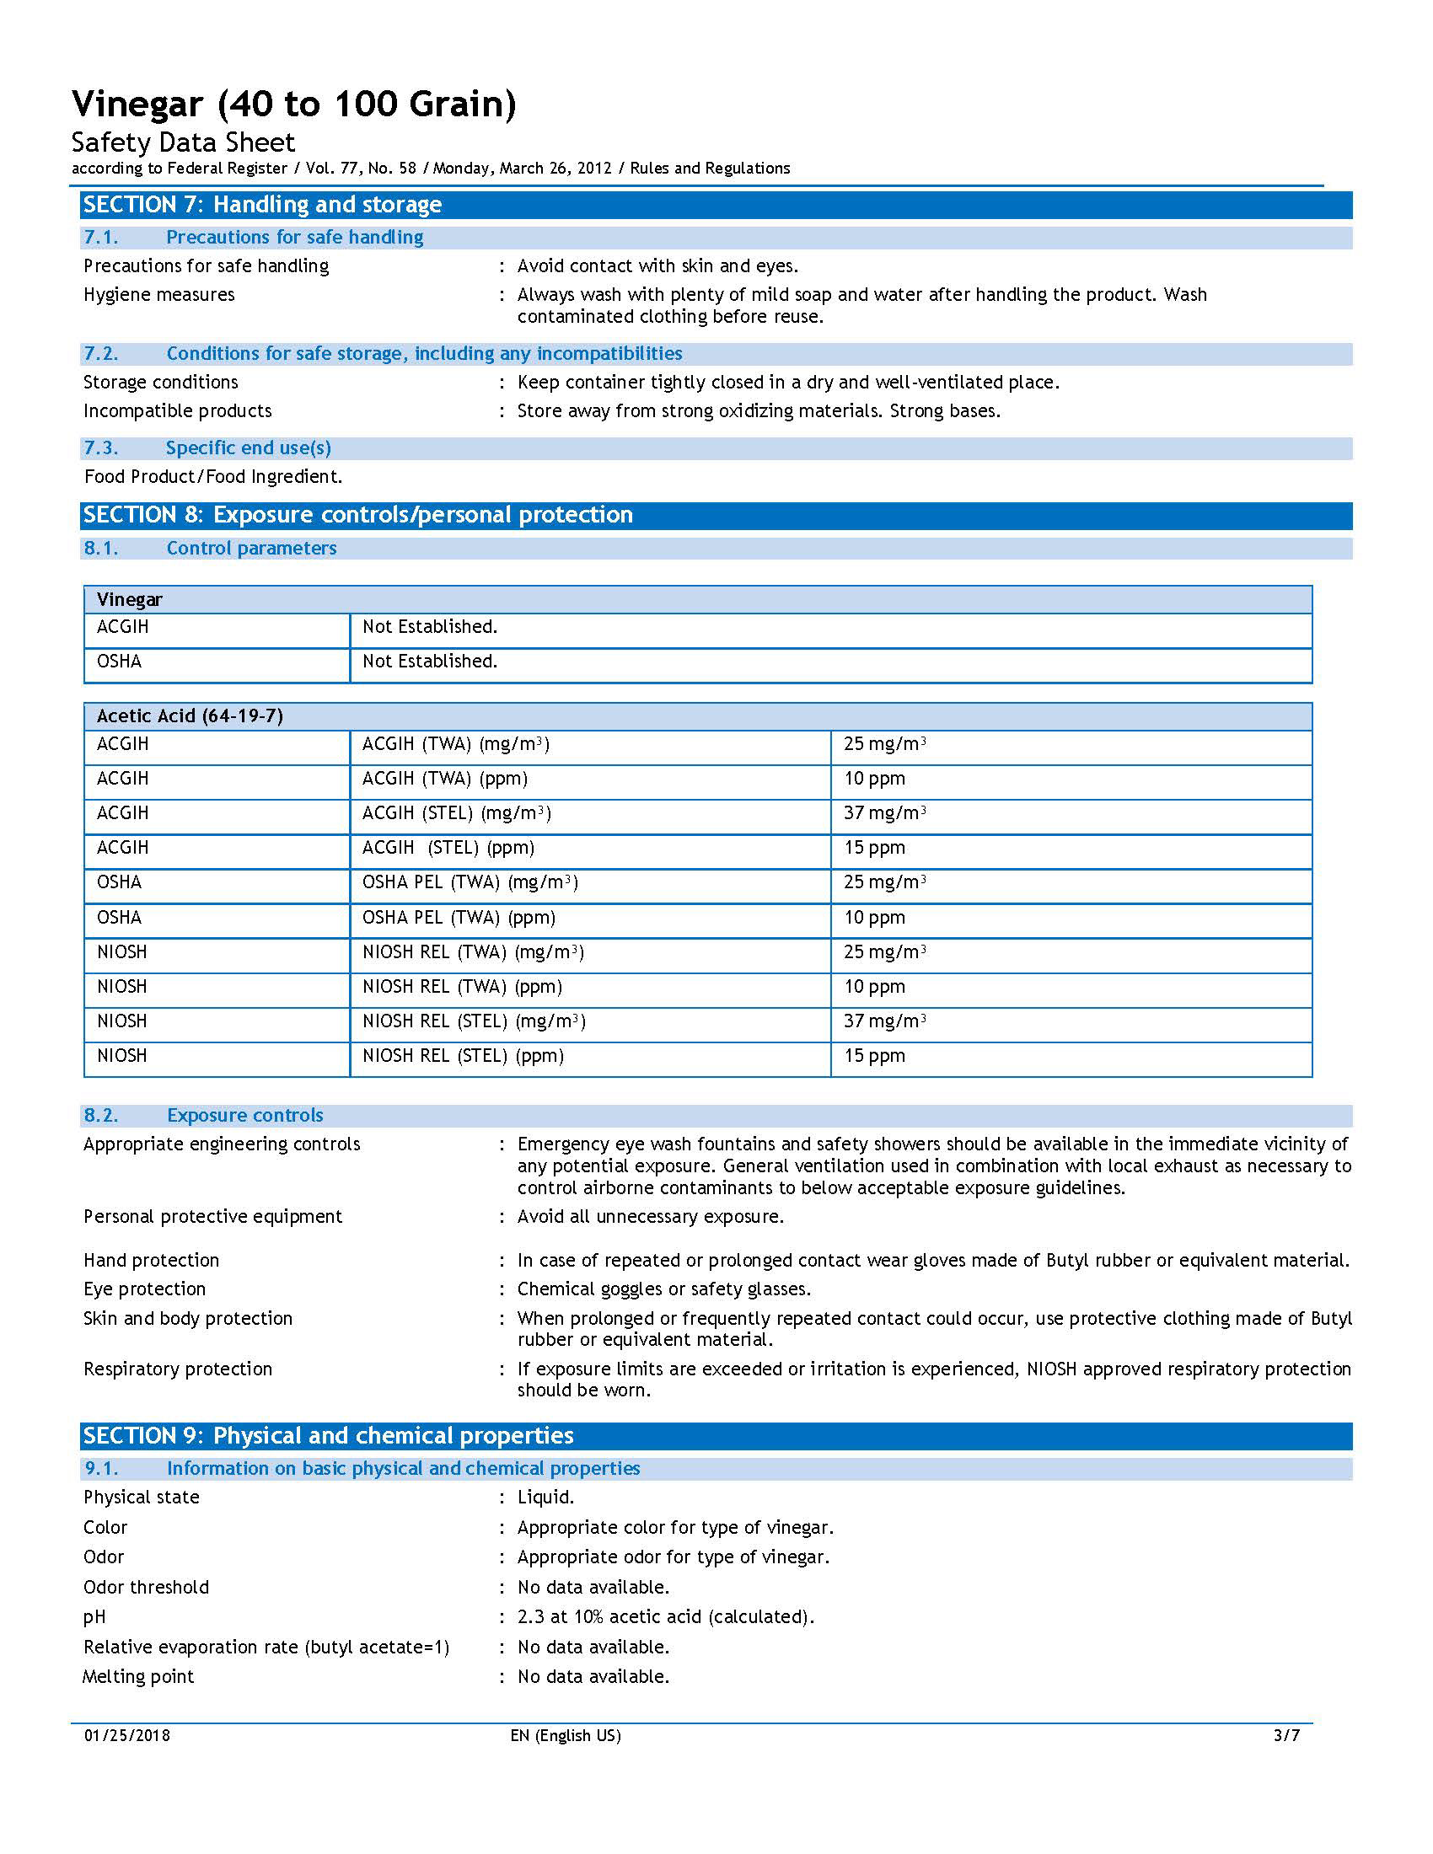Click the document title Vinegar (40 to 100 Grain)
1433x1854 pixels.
pos(293,104)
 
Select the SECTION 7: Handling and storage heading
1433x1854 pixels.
pos(262,205)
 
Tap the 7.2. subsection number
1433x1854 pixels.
pos(101,353)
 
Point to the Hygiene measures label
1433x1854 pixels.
pos(158,295)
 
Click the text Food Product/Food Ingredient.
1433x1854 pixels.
pos(213,476)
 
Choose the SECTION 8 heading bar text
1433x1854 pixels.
pos(357,514)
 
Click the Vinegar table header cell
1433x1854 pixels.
pos(129,599)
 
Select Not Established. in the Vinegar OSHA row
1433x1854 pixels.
pos(430,662)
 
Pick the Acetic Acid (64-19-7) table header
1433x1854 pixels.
pos(190,715)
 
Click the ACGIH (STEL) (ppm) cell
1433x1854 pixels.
pos(448,847)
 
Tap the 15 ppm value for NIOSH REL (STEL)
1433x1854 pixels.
pos(874,1055)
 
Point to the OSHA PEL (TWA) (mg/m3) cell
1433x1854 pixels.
pos(470,882)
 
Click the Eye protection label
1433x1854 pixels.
pos(144,1289)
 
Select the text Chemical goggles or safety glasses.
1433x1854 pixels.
pos(664,1289)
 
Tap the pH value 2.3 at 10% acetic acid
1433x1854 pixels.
pos(666,1616)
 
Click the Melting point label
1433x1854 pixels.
pos(138,1676)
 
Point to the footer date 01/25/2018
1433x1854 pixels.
pos(126,1735)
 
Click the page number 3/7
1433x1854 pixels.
pos(1286,1735)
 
